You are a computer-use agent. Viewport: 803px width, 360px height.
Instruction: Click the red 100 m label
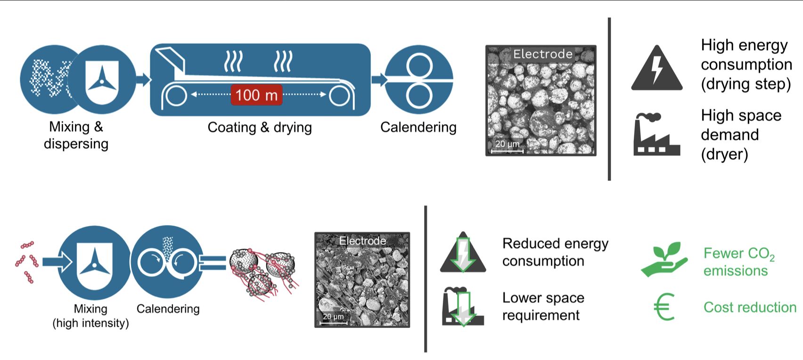pyautogui.click(x=256, y=95)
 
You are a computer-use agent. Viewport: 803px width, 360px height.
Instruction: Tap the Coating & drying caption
pyautogui.click(x=260, y=127)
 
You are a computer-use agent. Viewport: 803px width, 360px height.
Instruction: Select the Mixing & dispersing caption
pyautogui.click(x=76, y=135)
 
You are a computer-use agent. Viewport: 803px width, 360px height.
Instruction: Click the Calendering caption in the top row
pyautogui.click(x=418, y=127)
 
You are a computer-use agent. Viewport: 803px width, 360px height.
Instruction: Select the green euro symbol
pyautogui.click(x=664, y=307)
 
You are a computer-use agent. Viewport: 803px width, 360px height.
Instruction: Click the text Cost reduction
pyautogui.click(x=750, y=307)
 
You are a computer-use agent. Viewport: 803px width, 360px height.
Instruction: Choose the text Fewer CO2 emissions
pyautogui.click(x=738, y=262)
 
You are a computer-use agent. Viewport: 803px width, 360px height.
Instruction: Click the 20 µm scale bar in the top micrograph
pyautogui.click(x=507, y=150)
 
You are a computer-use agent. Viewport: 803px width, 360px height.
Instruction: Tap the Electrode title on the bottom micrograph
pyautogui.click(x=362, y=241)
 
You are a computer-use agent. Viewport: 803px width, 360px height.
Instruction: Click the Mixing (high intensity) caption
pyautogui.click(x=90, y=316)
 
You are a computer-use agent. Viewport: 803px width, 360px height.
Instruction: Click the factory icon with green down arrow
pyautogui.click(x=462, y=307)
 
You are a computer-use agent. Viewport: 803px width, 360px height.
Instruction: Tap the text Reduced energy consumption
pyautogui.click(x=555, y=252)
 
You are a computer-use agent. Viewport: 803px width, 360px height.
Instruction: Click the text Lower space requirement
pyautogui.click(x=543, y=306)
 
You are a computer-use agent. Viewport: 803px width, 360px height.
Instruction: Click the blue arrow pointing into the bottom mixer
pyautogui.click(x=56, y=262)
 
